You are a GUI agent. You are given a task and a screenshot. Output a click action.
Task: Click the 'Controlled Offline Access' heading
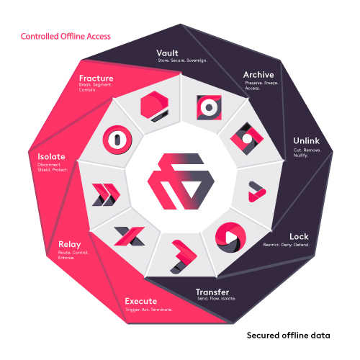click(x=66, y=37)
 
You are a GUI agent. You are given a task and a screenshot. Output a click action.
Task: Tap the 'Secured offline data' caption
click(x=288, y=336)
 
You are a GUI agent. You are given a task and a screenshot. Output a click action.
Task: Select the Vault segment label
click(x=167, y=53)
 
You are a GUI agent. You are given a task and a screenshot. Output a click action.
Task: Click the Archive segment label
click(x=258, y=75)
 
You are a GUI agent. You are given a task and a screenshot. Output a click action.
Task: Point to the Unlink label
click(x=306, y=141)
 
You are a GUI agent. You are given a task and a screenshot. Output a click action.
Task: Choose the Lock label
click(x=299, y=237)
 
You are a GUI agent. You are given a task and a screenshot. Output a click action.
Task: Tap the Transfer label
click(x=212, y=292)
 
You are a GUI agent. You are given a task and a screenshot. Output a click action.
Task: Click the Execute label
click(x=141, y=301)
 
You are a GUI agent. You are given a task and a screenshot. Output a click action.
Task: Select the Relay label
click(x=70, y=245)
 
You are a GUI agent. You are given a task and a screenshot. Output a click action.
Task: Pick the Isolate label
click(x=51, y=157)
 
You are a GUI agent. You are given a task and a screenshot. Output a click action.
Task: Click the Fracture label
click(x=96, y=78)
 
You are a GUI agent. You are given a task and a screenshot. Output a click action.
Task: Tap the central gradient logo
click(x=181, y=181)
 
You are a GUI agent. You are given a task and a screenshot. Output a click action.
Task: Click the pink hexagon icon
click(x=154, y=106)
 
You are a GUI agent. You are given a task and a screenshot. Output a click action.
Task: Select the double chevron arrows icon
click(x=106, y=194)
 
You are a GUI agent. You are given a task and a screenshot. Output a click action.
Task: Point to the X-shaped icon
click(x=130, y=236)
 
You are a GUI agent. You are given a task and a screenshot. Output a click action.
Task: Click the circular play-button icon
click(x=230, y=238)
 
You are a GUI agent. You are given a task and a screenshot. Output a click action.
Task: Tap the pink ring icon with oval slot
click(x=117, y=140)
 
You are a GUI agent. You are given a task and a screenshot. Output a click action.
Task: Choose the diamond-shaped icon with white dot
click(x=247, y=139)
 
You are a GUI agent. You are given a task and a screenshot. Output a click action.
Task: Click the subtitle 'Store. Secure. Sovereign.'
click(x=183, y=60)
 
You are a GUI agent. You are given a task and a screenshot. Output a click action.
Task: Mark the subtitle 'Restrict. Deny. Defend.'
click(x=287, y=245)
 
